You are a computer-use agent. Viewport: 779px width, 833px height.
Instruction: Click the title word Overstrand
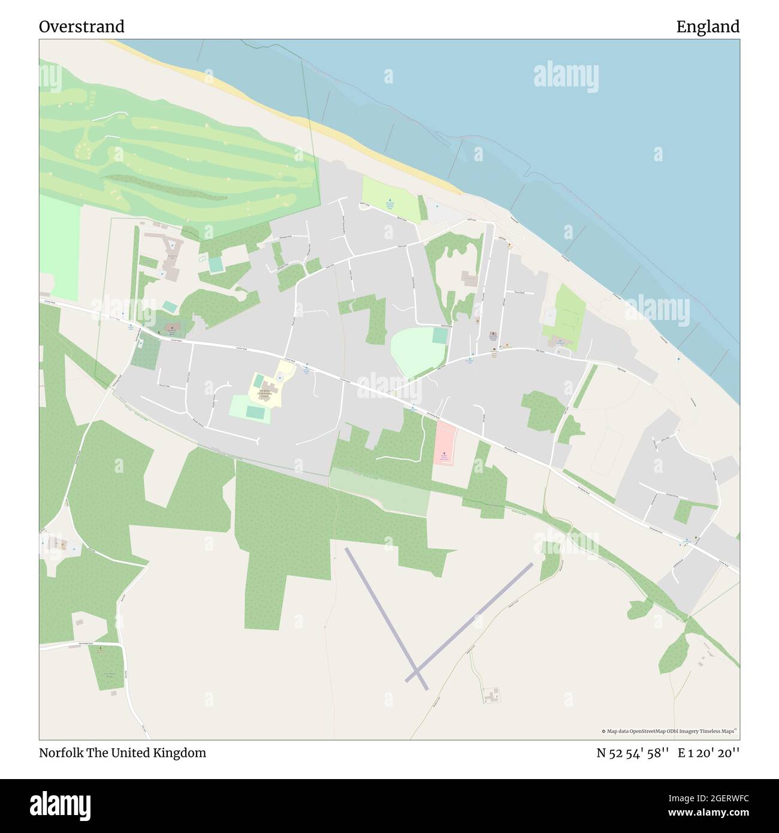click(x=81, y=26)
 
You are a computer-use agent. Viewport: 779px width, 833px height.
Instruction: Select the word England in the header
click(x=708, y=26)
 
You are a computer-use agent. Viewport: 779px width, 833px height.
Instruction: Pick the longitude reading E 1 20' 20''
click(x=709, y=753)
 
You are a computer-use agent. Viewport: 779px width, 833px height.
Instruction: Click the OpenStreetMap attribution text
click(x=671, y=731)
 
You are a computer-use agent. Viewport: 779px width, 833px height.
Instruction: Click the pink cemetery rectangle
click(x=444, y=443)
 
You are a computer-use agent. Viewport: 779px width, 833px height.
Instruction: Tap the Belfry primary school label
click(x=263, y=393)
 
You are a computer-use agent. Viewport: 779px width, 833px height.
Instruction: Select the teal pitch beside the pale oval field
click(x=440, y=336)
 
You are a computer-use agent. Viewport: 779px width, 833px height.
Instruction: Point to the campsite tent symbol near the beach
click(x=390, y=201)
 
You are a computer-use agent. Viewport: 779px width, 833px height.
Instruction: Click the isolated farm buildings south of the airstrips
click(x=492, y=695)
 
